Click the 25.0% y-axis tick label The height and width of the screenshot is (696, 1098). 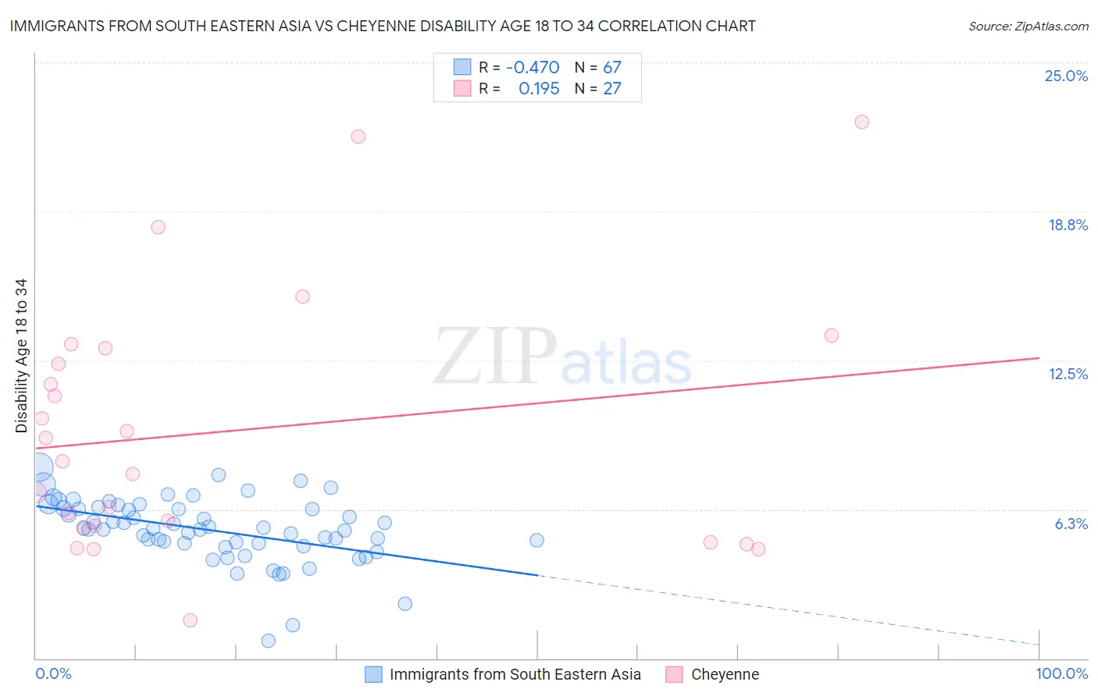(1066, 76)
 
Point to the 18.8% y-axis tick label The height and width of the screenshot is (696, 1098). (1068, 225)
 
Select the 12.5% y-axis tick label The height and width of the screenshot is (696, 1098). (1068, 374)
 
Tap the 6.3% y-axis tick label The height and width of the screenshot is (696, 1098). (1071, 524)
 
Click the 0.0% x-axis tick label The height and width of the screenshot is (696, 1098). (53, 673)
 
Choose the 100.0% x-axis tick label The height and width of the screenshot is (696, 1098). (1061, 673)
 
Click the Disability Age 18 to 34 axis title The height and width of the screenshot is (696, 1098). (21, 356)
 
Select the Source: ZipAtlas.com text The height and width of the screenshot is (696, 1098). (1028, 27)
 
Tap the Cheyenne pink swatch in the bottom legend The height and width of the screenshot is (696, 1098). (674, 674)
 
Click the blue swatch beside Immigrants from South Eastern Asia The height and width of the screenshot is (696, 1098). (373, 674)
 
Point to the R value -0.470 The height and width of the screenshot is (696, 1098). (533, 68)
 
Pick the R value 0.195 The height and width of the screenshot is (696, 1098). (539, 89)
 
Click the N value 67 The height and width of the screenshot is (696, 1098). (611, 68)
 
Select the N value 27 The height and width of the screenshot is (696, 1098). (611, 89)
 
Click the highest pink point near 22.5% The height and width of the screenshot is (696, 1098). (861, 122)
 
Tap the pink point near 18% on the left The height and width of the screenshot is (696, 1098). (158, 227)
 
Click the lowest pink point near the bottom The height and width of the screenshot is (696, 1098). (190, 620)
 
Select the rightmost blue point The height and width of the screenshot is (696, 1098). (537, 540)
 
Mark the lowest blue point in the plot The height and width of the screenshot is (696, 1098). (268, 641)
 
